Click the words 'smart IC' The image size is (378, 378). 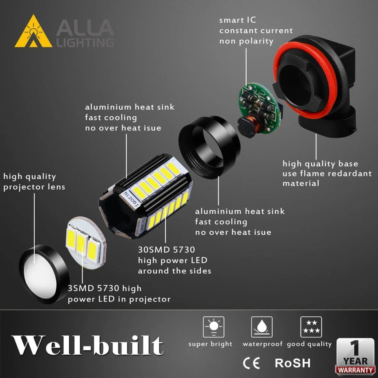point(238,20)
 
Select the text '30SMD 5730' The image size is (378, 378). point(167,250)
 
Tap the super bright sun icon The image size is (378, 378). point(214,327)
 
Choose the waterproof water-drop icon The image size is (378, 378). point(262,327)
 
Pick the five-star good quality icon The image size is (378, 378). point(311,327)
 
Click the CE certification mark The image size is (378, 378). point(251,363)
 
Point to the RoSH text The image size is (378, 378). point(293,363)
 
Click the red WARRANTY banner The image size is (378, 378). point(355,370)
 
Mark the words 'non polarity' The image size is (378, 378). point(246,41)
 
